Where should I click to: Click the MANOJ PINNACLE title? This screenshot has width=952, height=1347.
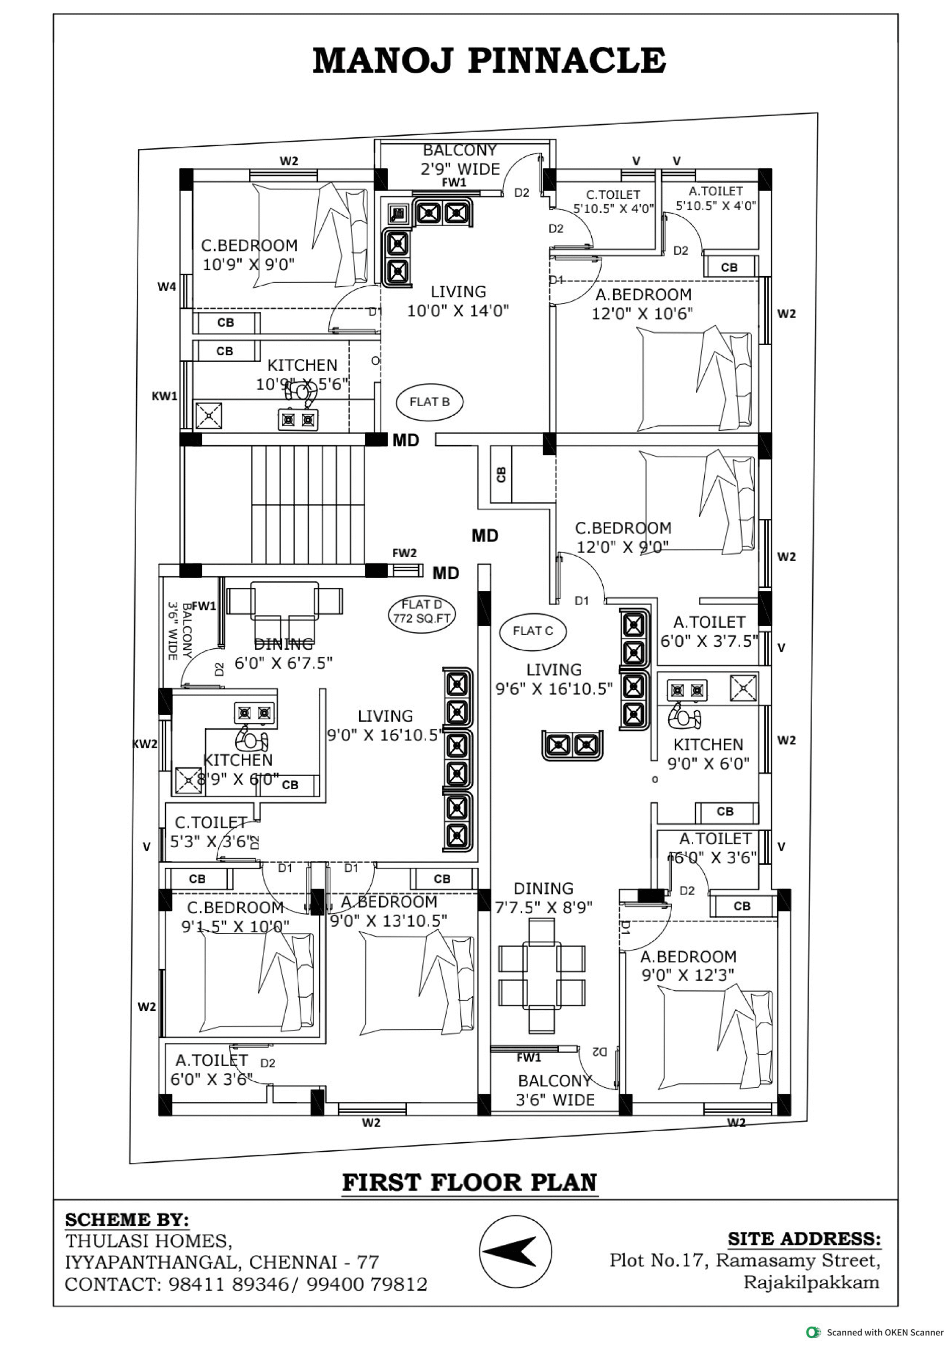pos(489,61)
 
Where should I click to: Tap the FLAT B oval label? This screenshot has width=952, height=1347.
pos(429,402)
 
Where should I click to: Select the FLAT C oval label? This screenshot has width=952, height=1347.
pos(533,631)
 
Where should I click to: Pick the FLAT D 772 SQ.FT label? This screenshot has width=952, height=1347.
pos(422,611)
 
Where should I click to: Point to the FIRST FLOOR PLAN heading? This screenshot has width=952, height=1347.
pos(469,1182)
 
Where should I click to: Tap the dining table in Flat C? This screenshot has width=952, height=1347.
pos(541,975)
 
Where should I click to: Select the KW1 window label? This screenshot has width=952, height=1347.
pos(164,396)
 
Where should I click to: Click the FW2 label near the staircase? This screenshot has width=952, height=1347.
pos(404,552)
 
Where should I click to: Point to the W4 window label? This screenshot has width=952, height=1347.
pos(167,287)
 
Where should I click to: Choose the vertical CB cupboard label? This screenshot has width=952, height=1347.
pos(501,474)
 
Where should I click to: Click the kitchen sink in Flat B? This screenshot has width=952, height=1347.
pos(208,415)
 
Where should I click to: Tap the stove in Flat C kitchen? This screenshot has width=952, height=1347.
pos(687,690)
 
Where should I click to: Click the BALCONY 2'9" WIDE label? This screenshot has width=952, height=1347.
pos(460,159)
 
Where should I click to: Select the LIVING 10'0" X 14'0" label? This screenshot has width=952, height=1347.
pos(458,301)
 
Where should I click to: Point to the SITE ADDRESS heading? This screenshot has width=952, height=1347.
pos(804,1239)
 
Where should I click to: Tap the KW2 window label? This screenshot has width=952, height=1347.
pos(145,744)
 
